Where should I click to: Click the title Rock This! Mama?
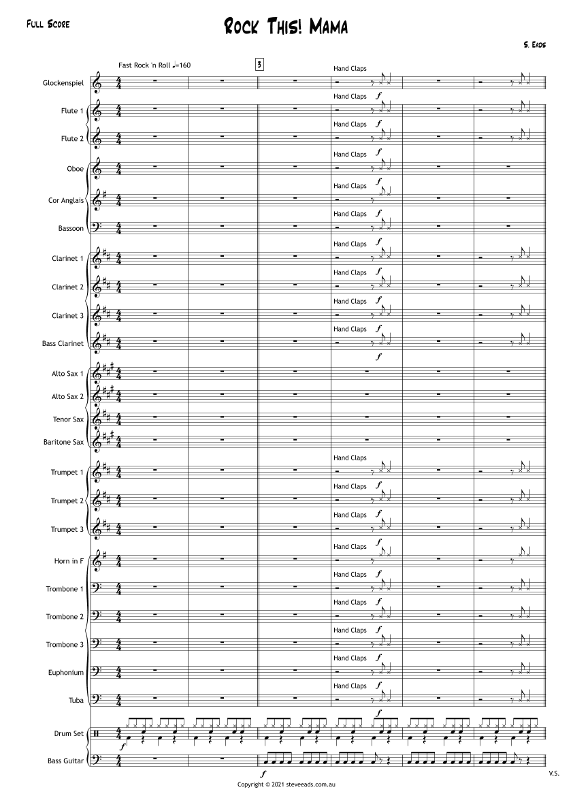[286, 27]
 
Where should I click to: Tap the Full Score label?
[48, 25]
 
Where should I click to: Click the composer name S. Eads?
[534, 44]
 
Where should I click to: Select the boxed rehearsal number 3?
[259, 65]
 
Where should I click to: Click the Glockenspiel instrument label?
[63, 82]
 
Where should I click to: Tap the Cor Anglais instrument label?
[66, 200]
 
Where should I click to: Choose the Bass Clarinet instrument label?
[63, 344]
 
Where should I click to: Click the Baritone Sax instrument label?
[63, 442]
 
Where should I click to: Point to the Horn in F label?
[69, 561]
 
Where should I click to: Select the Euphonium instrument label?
[66, 672]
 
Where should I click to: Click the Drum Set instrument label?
[69, 733]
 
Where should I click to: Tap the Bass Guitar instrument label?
[66, 760]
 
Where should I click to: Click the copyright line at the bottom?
[286, 785]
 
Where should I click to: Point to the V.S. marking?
[553, 774]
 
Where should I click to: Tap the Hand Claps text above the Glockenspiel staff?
[350, 69]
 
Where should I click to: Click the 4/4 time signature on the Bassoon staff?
[119, 228]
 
